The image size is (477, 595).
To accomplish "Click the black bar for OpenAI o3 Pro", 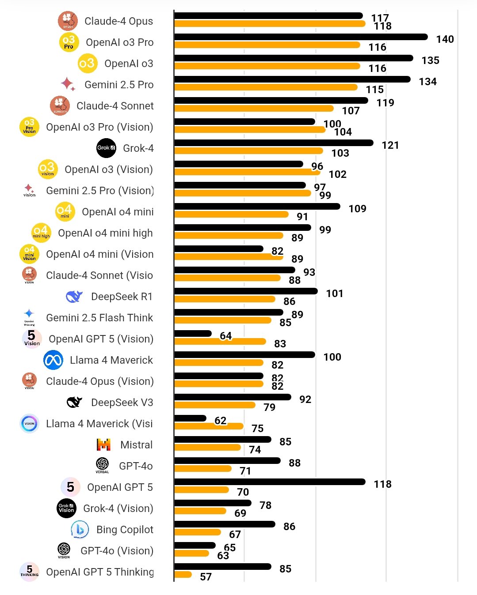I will point(301,37).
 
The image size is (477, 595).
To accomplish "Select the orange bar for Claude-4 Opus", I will point(270,24).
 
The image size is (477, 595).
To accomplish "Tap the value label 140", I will point(445,39).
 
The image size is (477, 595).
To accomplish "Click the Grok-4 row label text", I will point(138,148).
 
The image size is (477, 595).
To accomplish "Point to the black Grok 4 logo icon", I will point(106,148).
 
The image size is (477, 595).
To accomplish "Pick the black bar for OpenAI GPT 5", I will point(270,482).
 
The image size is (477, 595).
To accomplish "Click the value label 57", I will point(206,577).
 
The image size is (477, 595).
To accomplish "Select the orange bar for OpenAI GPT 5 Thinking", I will point(183,575).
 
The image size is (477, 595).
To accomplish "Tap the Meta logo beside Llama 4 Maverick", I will point(53,360).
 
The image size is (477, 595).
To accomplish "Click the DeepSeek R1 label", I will point(122,297).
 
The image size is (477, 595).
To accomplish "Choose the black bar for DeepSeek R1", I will point(246,291).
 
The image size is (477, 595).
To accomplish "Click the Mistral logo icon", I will point(103,444).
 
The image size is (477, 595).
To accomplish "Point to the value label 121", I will point(390,145).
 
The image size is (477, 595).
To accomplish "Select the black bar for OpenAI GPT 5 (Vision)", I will point(193,334).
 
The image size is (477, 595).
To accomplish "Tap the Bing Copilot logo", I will point(80,529).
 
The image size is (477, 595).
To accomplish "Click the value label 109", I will point(357,209).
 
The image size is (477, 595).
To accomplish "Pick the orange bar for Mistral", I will point(207,448).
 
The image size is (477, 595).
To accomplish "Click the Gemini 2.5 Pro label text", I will point(119,85).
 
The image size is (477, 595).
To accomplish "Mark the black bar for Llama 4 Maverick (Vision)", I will point(190,418).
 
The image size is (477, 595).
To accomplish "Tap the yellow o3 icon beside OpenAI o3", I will point(87,63).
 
